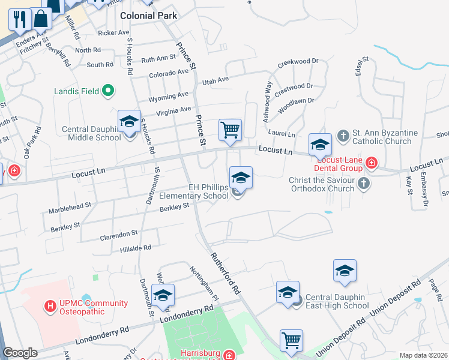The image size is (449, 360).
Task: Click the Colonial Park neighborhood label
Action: (148, 16)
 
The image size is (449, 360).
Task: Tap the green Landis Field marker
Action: (109, 91)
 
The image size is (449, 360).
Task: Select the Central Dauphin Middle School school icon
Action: (129, 122)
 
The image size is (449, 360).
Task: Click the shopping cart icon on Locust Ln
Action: (230, 130)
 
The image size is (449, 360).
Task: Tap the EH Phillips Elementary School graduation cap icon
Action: (241, 178)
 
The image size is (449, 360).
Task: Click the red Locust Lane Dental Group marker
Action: (372, 163)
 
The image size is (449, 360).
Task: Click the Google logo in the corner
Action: (20, 353)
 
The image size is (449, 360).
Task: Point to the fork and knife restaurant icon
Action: (19, 19)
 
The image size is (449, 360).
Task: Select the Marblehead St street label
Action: (71, 208)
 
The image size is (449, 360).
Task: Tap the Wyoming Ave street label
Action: (169, 96)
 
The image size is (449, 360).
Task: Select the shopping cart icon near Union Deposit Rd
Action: (291, 340)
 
